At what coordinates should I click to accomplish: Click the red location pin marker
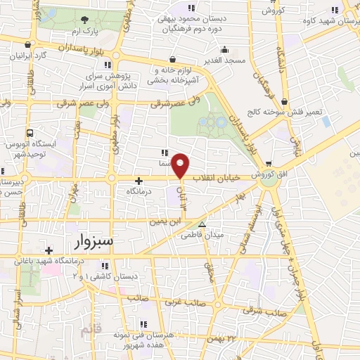181,166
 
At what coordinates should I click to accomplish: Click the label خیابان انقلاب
217,178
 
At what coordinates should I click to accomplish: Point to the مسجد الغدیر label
225,60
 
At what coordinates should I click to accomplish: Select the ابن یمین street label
165,221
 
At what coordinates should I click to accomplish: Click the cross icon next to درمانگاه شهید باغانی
48,250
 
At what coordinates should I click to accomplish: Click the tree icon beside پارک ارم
85,20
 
